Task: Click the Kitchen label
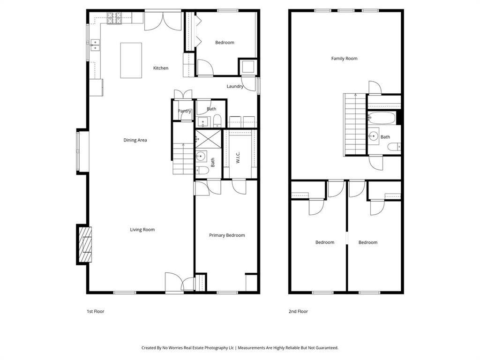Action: [161, 68]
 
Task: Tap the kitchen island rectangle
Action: [131, 60]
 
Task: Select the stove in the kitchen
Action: [114, 18]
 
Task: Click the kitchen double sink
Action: [95, 45]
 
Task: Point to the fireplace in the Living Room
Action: [84, 244]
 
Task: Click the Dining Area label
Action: [135, 140]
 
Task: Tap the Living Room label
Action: [142, 230]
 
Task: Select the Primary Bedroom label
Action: [227, 235]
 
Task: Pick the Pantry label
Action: [184, 111]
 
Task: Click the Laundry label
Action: [235, 86]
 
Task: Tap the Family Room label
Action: [344, 59]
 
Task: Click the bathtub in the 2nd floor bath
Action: [382, 118]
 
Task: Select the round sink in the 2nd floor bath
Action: [374, 136]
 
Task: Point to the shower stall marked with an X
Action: [207, 139]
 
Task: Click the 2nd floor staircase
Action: [355, 124]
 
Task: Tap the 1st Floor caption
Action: [96, 311]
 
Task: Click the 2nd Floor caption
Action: [299, 311]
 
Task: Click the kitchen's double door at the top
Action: [163, 21]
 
